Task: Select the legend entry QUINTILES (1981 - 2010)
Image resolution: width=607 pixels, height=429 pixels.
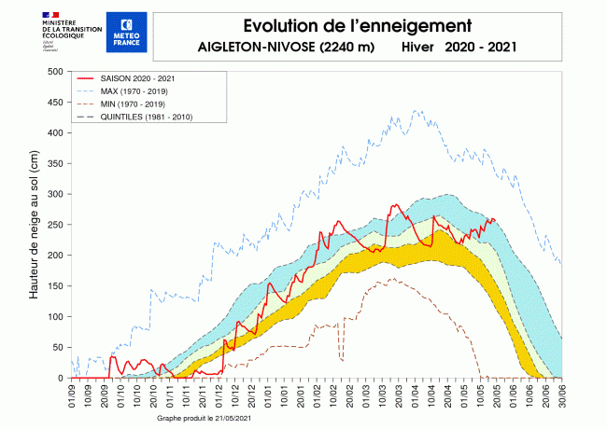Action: [145, 117]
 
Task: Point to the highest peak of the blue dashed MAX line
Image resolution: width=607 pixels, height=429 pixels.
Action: [417, 111]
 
